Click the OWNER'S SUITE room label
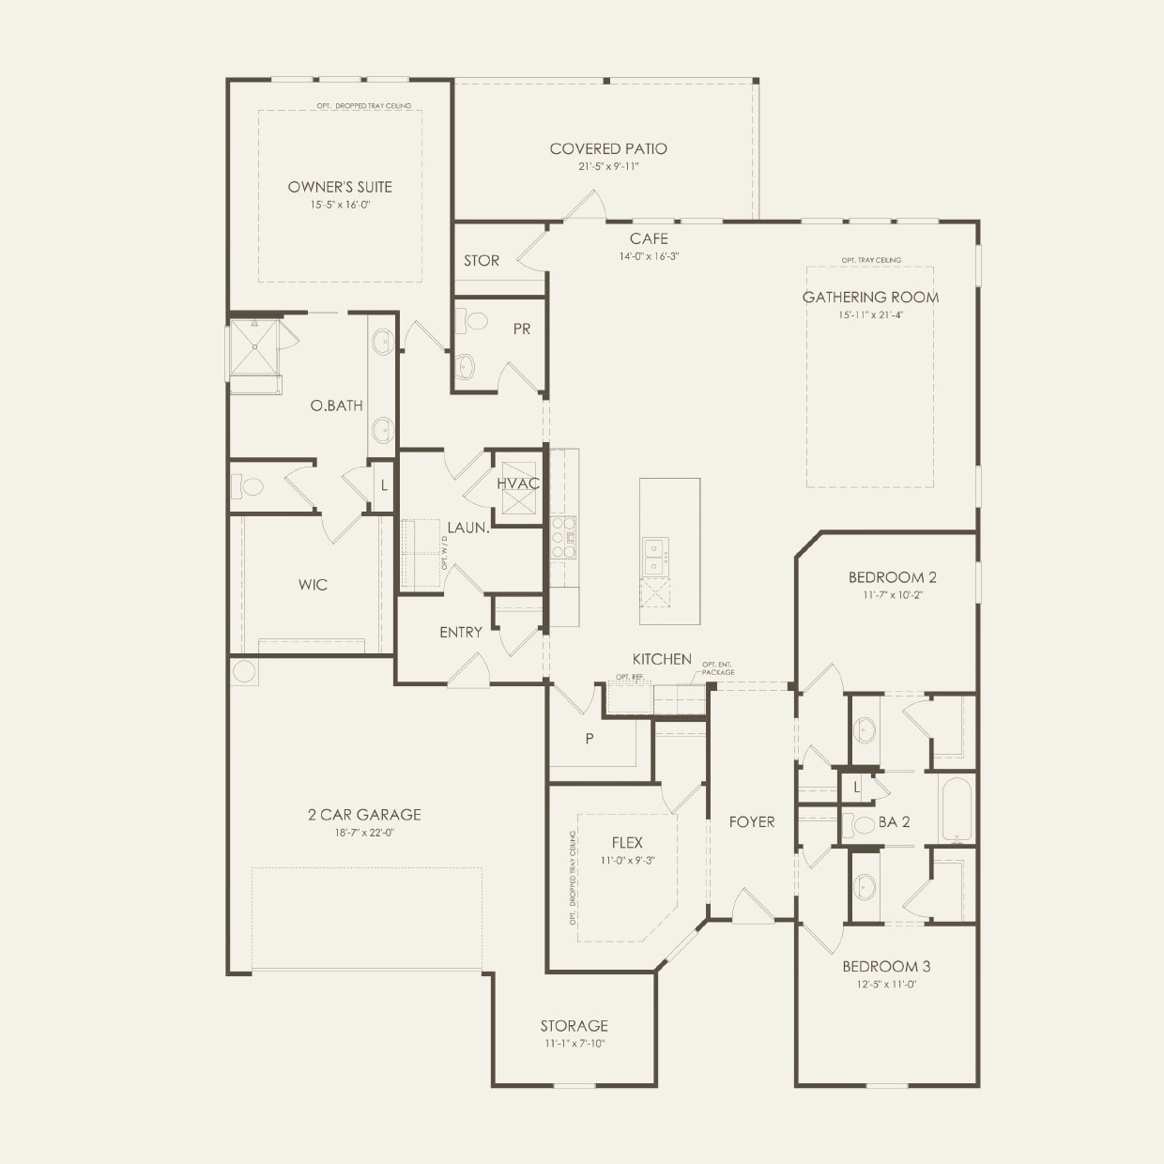(x=340, y=187)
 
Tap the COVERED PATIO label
(x=608, y=148)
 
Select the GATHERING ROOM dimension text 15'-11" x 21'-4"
(x=870, y=315)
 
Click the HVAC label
(x=518, y=483)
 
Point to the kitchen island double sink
(x=654, y=556)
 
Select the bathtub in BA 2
(x=957, y=809)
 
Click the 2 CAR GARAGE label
(x=364, y=815)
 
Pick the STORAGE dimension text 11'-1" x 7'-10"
(x=574, y=1043)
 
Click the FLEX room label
(x=626, y=843)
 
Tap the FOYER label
(x=752, y=821)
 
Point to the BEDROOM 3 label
(x=886, y=967)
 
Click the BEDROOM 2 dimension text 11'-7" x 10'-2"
(x=885, y=594)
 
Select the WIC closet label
(x=313, y=585)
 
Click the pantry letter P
(x=590, y=739)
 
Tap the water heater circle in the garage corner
(x=244, y=671)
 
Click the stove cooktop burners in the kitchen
(x=562, y=538)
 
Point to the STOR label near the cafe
(x=482, y=260)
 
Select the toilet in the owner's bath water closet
(x=249, y=487)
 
